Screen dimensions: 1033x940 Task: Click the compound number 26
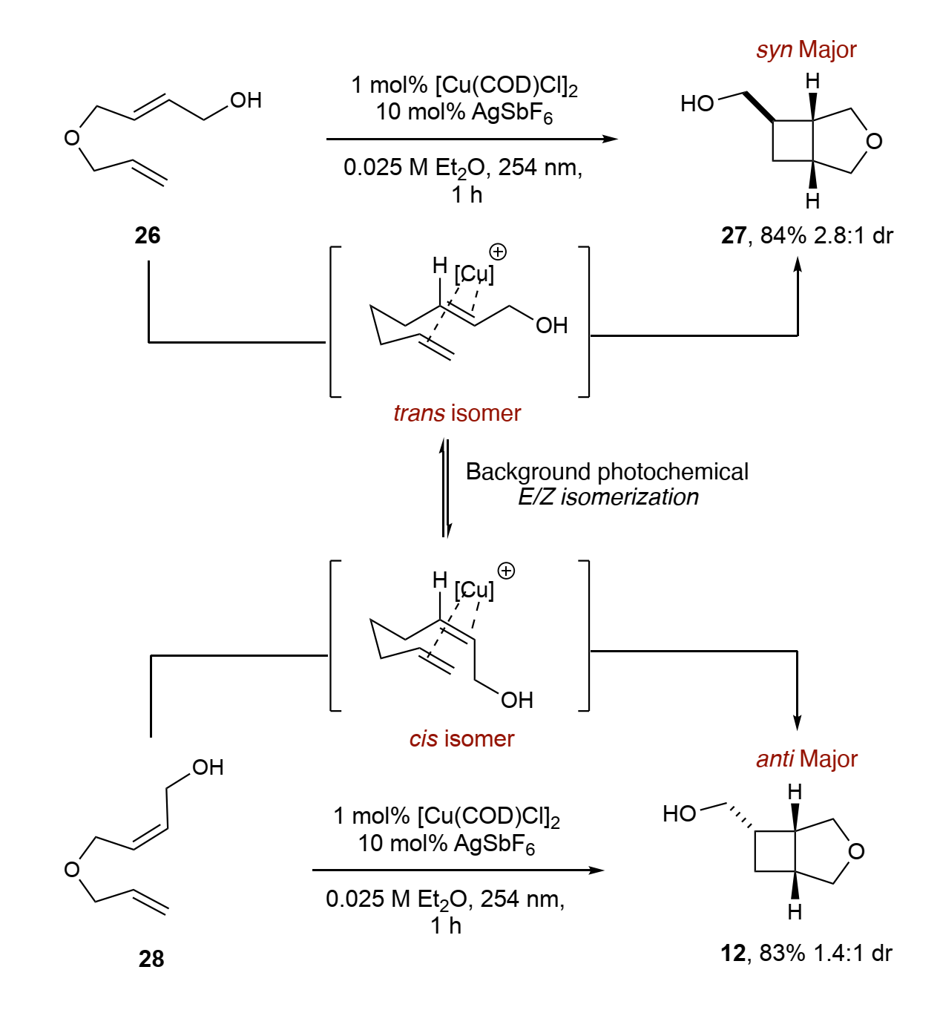[x=148, y=235]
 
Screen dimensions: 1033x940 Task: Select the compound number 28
[x=151, y=959]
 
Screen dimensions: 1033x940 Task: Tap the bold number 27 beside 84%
[x=733, y=235]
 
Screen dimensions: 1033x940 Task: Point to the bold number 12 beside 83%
[x=733, y=953]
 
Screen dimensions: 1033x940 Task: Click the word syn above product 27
[x=775, y=50]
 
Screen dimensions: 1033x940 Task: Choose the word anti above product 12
[x=775, y=759]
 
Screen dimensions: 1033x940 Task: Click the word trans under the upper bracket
[x=419, y=413]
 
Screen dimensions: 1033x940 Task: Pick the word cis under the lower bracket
[x=423, y=739]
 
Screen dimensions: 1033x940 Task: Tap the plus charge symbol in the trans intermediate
[x=498, y=252]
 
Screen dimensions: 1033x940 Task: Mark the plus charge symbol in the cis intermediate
[x=506, y=571]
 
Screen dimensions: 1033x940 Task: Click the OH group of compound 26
[x=246, y=100]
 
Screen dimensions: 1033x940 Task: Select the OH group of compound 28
[x=208, y=767]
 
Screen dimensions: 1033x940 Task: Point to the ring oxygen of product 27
[x=874, y=141]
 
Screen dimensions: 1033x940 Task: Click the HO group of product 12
[x=679, y=814]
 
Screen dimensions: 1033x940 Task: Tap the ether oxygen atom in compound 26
[x=72, y=137]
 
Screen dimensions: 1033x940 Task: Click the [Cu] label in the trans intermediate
[x=474, y=274]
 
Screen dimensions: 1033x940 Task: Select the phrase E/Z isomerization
[x=608, y=497]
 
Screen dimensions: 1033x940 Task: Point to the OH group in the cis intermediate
[x=516, y=700]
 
